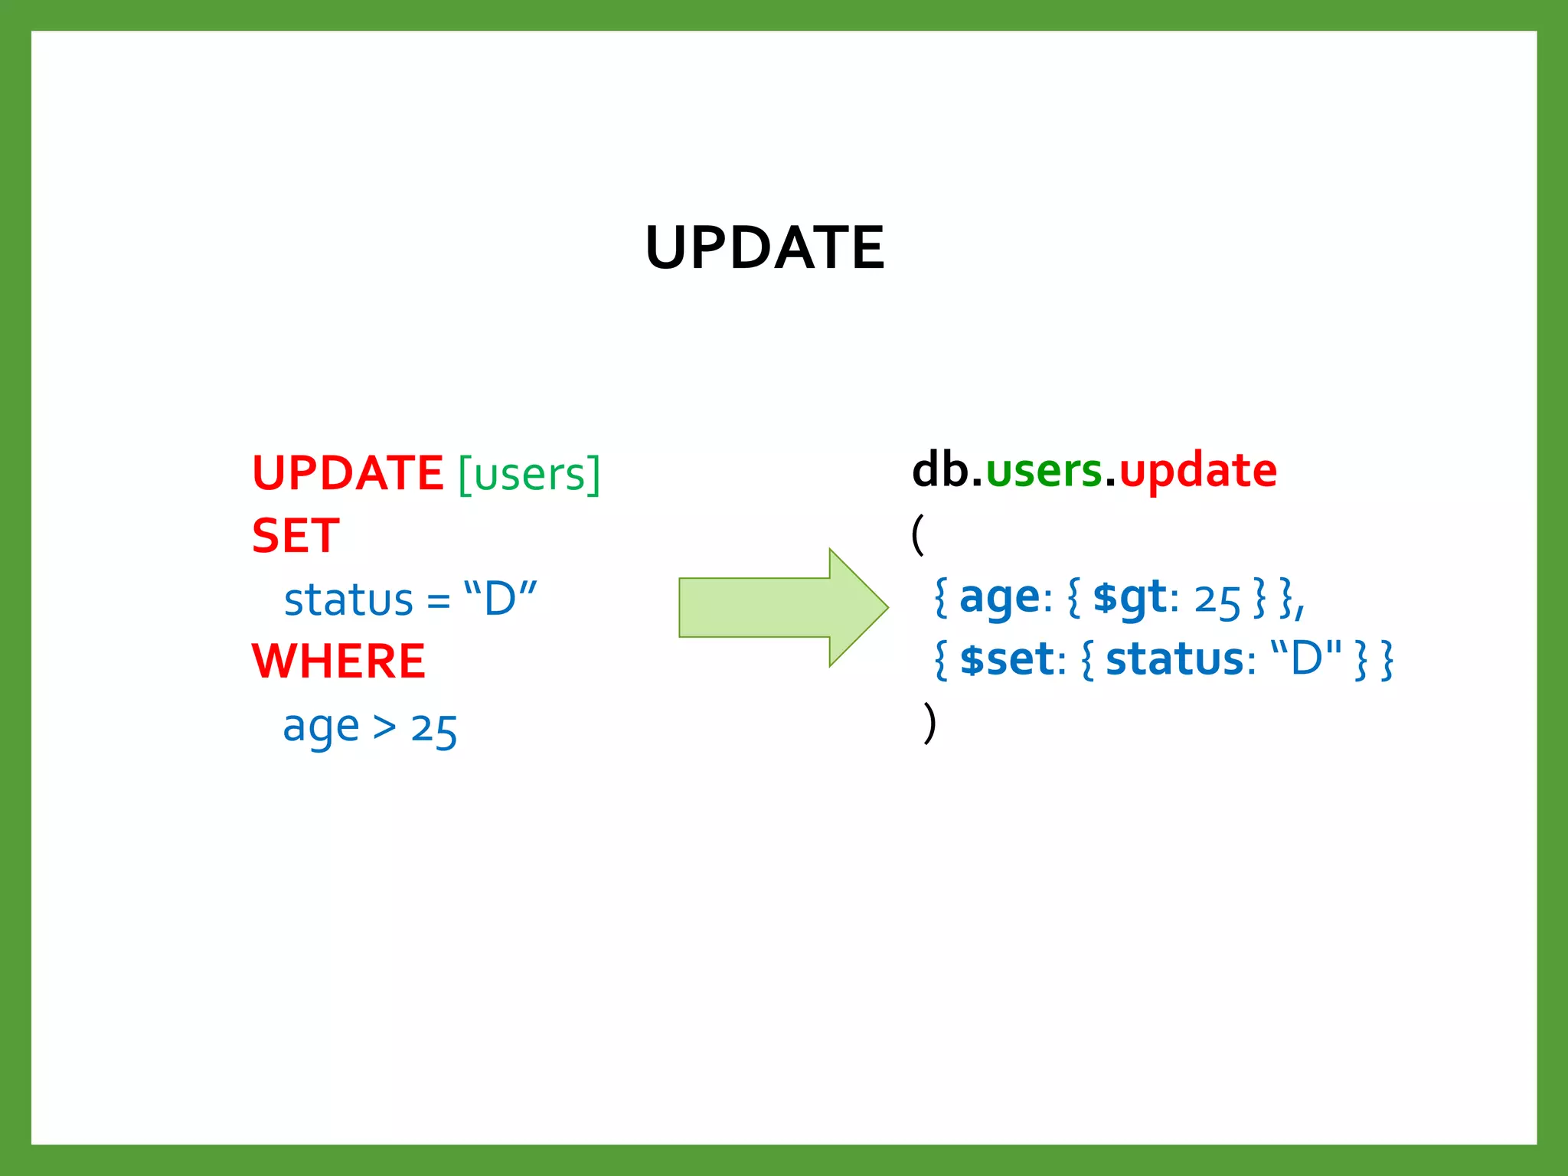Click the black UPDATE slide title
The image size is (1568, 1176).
765,248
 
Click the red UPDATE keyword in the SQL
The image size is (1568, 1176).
348,473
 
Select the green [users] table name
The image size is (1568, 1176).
529,475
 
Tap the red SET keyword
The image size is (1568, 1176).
296,536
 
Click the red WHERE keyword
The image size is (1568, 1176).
338,661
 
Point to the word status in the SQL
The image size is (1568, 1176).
348,599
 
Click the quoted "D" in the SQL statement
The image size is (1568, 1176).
501,598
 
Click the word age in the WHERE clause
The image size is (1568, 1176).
321,727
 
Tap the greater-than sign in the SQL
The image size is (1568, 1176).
384,727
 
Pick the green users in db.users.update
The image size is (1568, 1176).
1044,471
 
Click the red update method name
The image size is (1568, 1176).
1198,471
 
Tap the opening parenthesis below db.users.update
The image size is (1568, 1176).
919,534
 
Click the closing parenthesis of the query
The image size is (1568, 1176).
929,723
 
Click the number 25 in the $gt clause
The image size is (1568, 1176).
1217,599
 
